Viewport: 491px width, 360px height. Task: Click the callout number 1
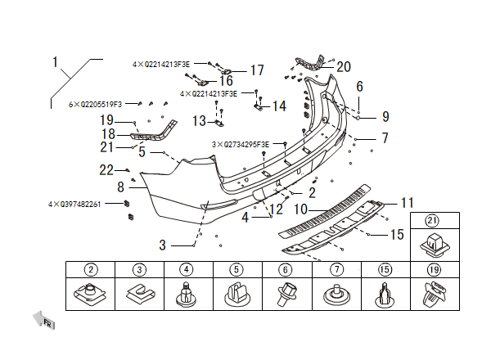point(56,62)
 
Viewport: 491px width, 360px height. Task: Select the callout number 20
point(343,66)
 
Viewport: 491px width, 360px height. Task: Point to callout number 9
point(385,117)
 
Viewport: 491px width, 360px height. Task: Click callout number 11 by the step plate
point(408,202)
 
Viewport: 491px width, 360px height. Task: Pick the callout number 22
point(106,170)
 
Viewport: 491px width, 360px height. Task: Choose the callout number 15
point(397,235)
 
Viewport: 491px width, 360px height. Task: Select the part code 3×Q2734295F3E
point(241,144)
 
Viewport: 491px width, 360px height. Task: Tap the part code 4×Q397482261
point(74,204)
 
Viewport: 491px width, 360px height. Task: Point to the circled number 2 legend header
point(91,269)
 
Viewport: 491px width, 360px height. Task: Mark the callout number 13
point(199,121)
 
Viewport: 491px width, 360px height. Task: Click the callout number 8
point(120,187)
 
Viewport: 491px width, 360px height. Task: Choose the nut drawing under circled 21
point(434,242)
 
